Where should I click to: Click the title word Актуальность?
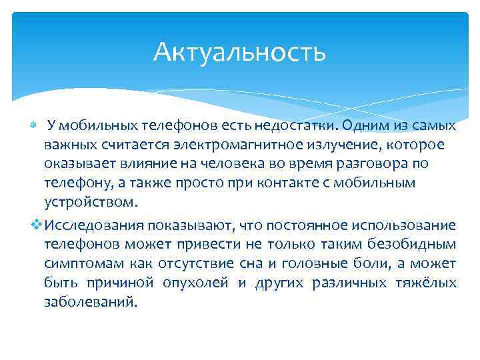click(x=239, y=52)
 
